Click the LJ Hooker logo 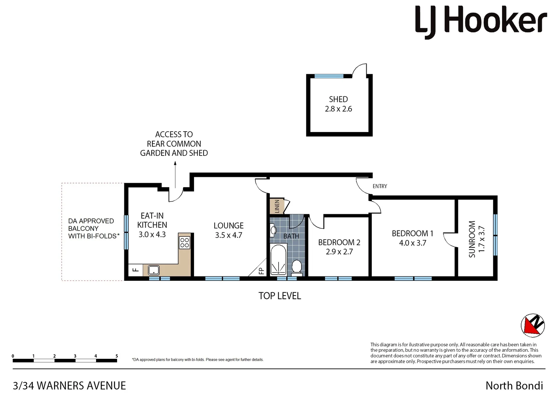481,22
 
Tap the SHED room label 338,99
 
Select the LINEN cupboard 277,206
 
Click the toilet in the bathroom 297,267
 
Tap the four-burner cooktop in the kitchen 184,242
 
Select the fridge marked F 135,270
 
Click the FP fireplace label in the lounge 261,271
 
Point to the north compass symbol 533,325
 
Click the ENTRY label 379,186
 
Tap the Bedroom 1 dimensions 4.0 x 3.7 412,243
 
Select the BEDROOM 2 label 339,242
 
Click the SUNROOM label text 472,239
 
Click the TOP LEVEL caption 280,296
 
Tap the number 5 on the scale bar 117,356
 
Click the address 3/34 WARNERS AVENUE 69,386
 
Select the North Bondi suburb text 514,386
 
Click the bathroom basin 273,230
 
